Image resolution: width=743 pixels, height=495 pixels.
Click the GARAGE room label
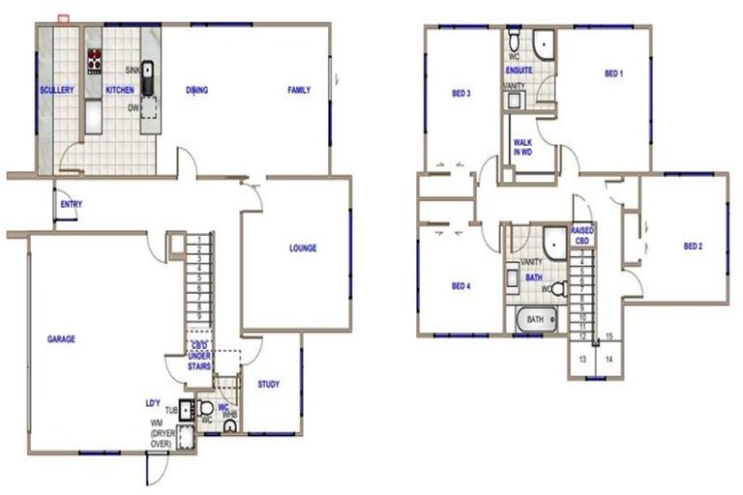[61, 339]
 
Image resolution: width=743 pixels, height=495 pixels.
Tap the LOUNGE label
[303, 248]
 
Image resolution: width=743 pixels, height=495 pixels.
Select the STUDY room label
[269, 385]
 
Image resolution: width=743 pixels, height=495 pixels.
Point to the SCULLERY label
[57, 90]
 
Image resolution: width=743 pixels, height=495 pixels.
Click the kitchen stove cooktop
[95, 62]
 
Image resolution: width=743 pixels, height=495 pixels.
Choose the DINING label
[196, 91]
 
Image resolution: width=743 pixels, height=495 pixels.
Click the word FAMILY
[299, 91]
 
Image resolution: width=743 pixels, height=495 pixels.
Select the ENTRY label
[71, 205]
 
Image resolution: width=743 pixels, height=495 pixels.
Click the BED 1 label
[613, 73]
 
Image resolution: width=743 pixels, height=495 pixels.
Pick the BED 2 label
[693, 246]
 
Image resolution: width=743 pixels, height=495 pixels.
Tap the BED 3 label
[461, 94]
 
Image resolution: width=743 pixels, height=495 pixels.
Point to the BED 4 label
[461, 286]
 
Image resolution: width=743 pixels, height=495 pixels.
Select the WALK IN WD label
[522, 148]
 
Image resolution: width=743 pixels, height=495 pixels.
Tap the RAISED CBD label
[582, 235]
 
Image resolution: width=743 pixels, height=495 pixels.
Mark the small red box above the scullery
[64, 17]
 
